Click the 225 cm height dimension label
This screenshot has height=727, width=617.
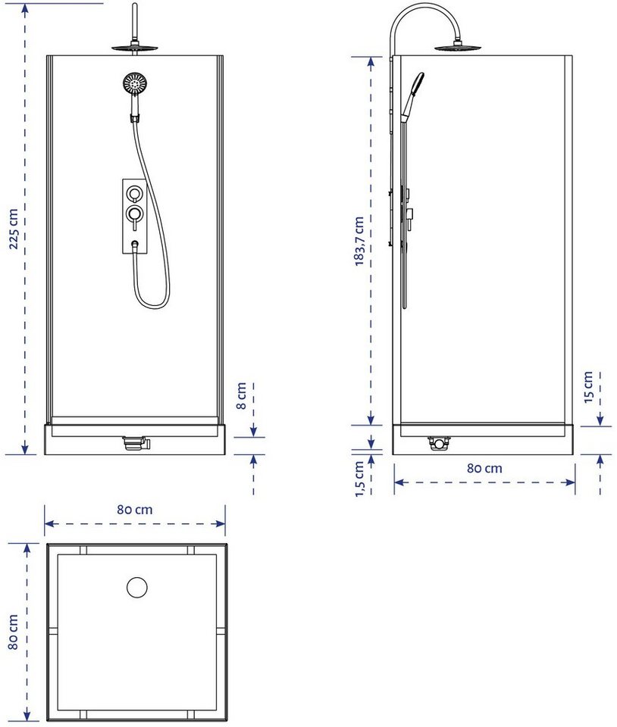[x=14, y=229]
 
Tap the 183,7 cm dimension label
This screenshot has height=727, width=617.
[x=359, y=241]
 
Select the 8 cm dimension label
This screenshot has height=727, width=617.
[x=241, y=395]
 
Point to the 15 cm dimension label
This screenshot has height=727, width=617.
[x=588, y=387]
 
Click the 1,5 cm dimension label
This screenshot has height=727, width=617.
[x=359, y=479]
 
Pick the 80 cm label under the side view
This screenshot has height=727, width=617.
[x=484, y=468]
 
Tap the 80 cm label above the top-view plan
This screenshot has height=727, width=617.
[x=134, y=510]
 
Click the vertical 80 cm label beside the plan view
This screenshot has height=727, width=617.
[x=13, y=632]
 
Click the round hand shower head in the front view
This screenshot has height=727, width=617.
[x=135, y=84]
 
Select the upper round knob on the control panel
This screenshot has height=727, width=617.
[x=135, y=193]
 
